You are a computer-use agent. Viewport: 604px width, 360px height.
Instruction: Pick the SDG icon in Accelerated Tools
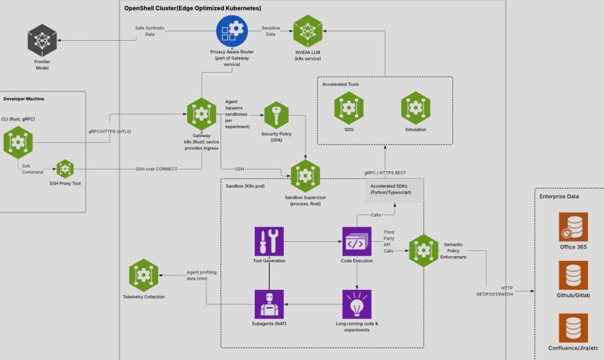click(x=349, y=107)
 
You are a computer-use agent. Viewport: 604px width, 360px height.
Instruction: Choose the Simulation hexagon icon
click(x=415, y=107)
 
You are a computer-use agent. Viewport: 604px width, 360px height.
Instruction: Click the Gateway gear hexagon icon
click(x=201, y=113)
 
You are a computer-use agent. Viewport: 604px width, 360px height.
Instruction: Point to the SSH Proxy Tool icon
click(x=64, y=169)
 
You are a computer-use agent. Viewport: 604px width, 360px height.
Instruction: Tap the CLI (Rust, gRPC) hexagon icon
click(x=18, y=142)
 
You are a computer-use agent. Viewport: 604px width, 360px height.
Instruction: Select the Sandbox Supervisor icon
click(x=306, y=175)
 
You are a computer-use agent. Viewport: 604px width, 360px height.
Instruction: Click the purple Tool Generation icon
click(x=269, y=241)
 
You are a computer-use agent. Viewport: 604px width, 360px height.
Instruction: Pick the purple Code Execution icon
click(x=357, y=241)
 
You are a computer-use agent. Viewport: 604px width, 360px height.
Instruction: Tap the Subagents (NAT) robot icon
click(x=269, y=304)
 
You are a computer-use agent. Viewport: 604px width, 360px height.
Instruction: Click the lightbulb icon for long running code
click(x=357, y=304)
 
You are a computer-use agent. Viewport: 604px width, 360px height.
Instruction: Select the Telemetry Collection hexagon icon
click(x=143, y=275)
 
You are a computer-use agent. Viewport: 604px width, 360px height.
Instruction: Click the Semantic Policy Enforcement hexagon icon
click(x=424, y=250)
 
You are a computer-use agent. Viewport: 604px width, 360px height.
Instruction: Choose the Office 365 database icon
click(x=573, y=227)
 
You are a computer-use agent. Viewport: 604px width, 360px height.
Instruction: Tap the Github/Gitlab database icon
click(x=573, y=276)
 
